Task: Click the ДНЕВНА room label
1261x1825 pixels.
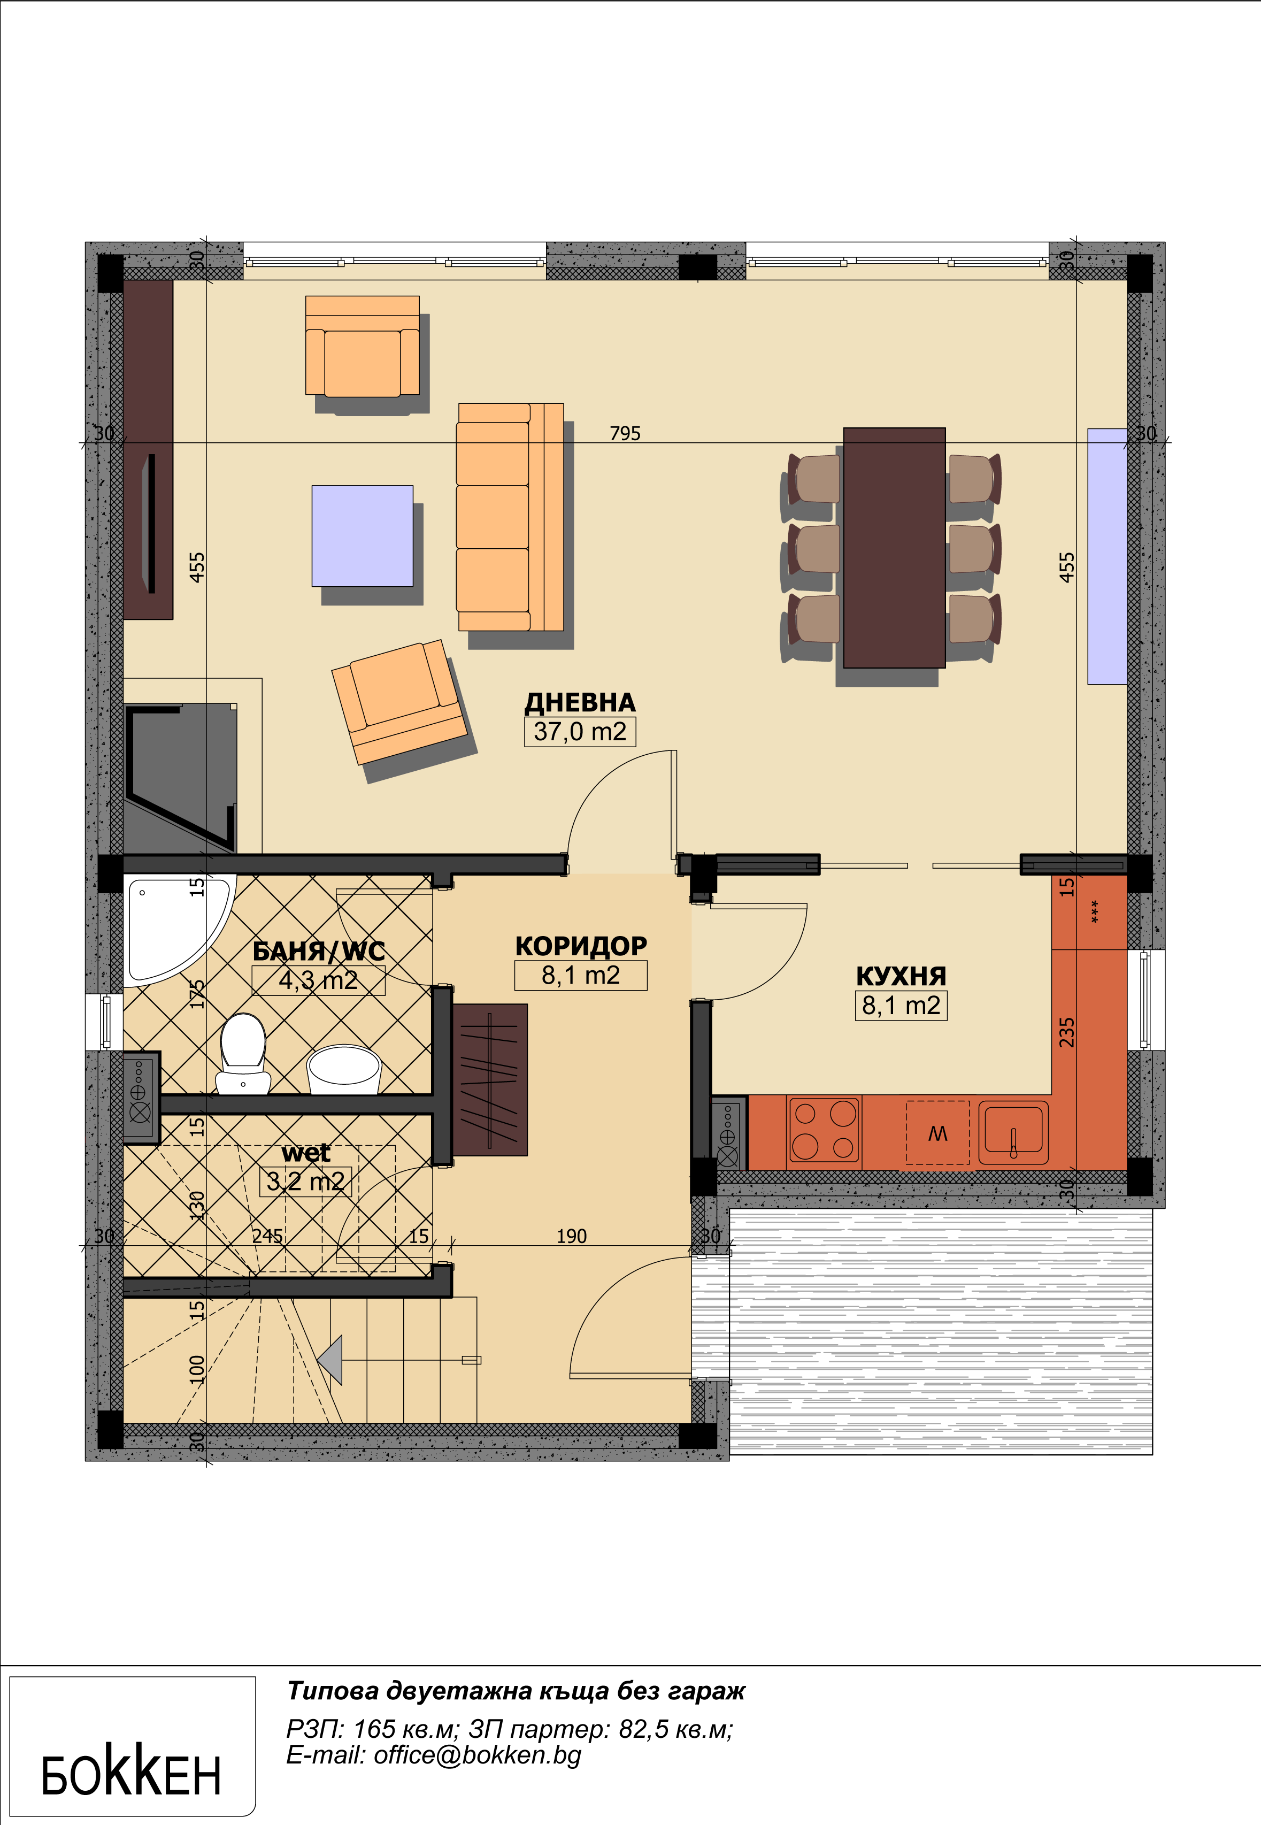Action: (580, 702)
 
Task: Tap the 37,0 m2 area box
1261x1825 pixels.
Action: (580, 732)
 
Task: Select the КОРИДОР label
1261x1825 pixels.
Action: (581, 946)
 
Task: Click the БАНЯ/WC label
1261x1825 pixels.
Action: (318, 951)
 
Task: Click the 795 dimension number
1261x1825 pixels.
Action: (625, 433)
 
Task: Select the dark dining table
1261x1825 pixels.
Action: (894, 548)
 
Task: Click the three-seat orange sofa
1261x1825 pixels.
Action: (510, 517)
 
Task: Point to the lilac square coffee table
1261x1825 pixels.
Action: (363, 535)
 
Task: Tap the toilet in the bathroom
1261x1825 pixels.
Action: (243, 1054)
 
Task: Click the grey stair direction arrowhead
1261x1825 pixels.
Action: (333, 1360)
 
